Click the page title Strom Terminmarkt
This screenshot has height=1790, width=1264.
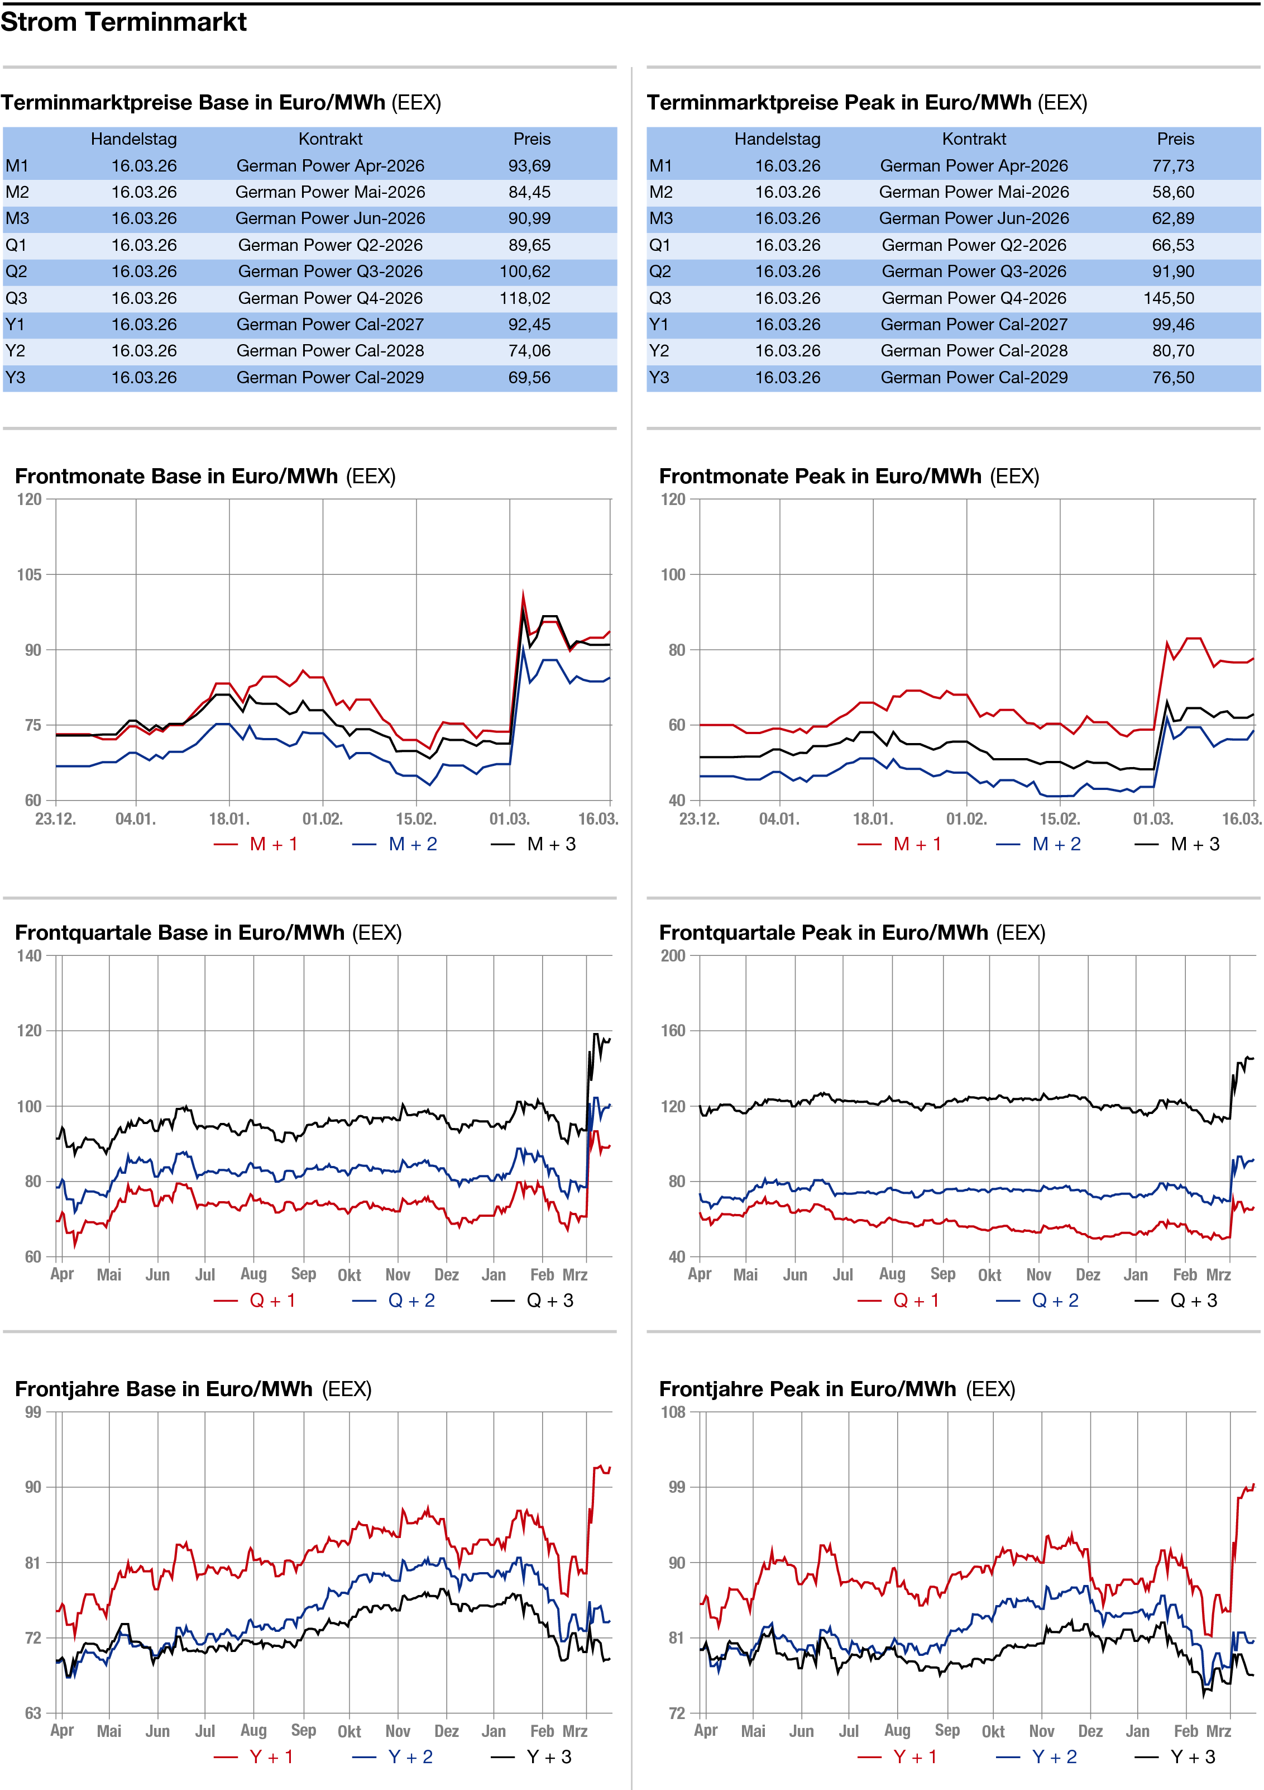coord(123,22)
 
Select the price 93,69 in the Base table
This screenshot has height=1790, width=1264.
coord(529,166)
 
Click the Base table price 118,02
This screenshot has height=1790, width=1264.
coord(524,298)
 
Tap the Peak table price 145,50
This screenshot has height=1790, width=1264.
coord(1168,298)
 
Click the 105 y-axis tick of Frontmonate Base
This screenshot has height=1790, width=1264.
coord(30,574)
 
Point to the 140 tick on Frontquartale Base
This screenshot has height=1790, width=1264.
coord(29,956)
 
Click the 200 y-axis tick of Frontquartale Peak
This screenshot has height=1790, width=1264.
coord(673,956)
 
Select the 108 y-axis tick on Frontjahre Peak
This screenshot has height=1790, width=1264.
coord(673,1412)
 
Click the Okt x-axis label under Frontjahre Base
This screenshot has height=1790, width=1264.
coord(349,1731)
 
